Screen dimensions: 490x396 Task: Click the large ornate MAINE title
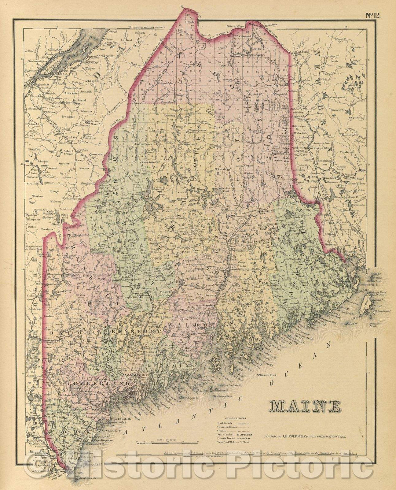tap(305, 405)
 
